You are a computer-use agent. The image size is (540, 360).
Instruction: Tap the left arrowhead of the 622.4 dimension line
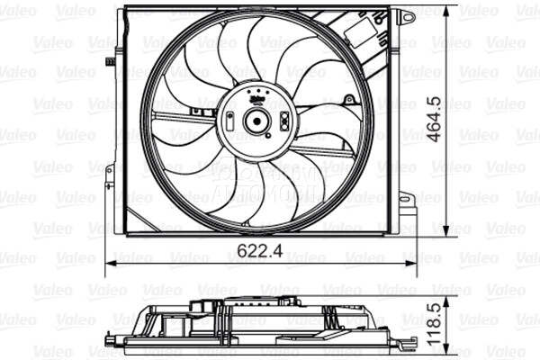click(x=111, y=262)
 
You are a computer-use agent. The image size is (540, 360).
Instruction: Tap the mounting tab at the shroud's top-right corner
click(x=407, y=16)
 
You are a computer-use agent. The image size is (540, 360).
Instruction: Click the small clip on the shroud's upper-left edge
click(x=110, y=61)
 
